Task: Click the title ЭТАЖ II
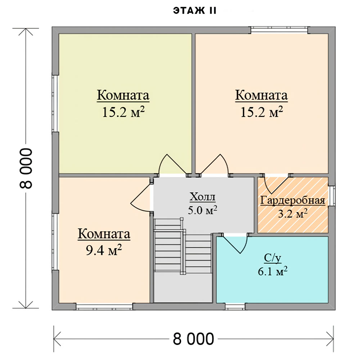pos(195,11)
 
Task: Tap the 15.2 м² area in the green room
pos(123,112)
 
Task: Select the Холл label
pos(202,197)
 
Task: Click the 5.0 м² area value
pos(202,210)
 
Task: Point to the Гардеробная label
pos(293,201)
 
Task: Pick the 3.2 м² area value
pos(293,214)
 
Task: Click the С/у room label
pos(273,258)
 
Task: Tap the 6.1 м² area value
pos(273,271)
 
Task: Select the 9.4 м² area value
pos(104,250)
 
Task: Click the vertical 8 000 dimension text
pos(26,168)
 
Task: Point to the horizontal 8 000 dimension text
pos(193,339)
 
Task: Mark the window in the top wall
pos(279,30)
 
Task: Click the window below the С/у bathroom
pos(235,306)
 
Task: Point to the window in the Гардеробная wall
pos(332,195)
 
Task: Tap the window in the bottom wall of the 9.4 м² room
pos(104,306)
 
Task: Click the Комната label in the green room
pos(123,95)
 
